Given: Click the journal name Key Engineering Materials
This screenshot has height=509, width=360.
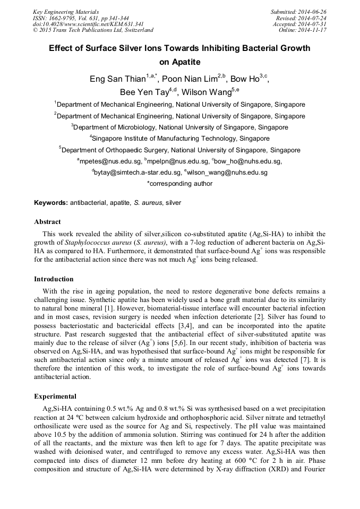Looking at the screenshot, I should [x=66, y=12].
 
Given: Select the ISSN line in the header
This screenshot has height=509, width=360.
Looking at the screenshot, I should [x=81, y=18].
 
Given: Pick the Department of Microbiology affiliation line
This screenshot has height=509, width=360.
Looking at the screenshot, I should [x=179, y=127].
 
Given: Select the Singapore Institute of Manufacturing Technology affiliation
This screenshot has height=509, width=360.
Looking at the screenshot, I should [x=179, y=139].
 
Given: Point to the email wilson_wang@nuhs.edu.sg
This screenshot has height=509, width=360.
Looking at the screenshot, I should [x=226, y=172].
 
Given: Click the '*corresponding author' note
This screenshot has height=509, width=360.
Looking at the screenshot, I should [x=179, y=184].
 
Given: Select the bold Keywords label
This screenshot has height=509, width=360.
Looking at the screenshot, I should [x=51, y=203].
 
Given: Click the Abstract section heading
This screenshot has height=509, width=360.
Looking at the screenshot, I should [x=47, y=222].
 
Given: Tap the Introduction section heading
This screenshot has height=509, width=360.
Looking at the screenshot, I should [x=54, y=279].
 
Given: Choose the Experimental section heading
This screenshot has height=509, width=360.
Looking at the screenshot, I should [x=55, y=396].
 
